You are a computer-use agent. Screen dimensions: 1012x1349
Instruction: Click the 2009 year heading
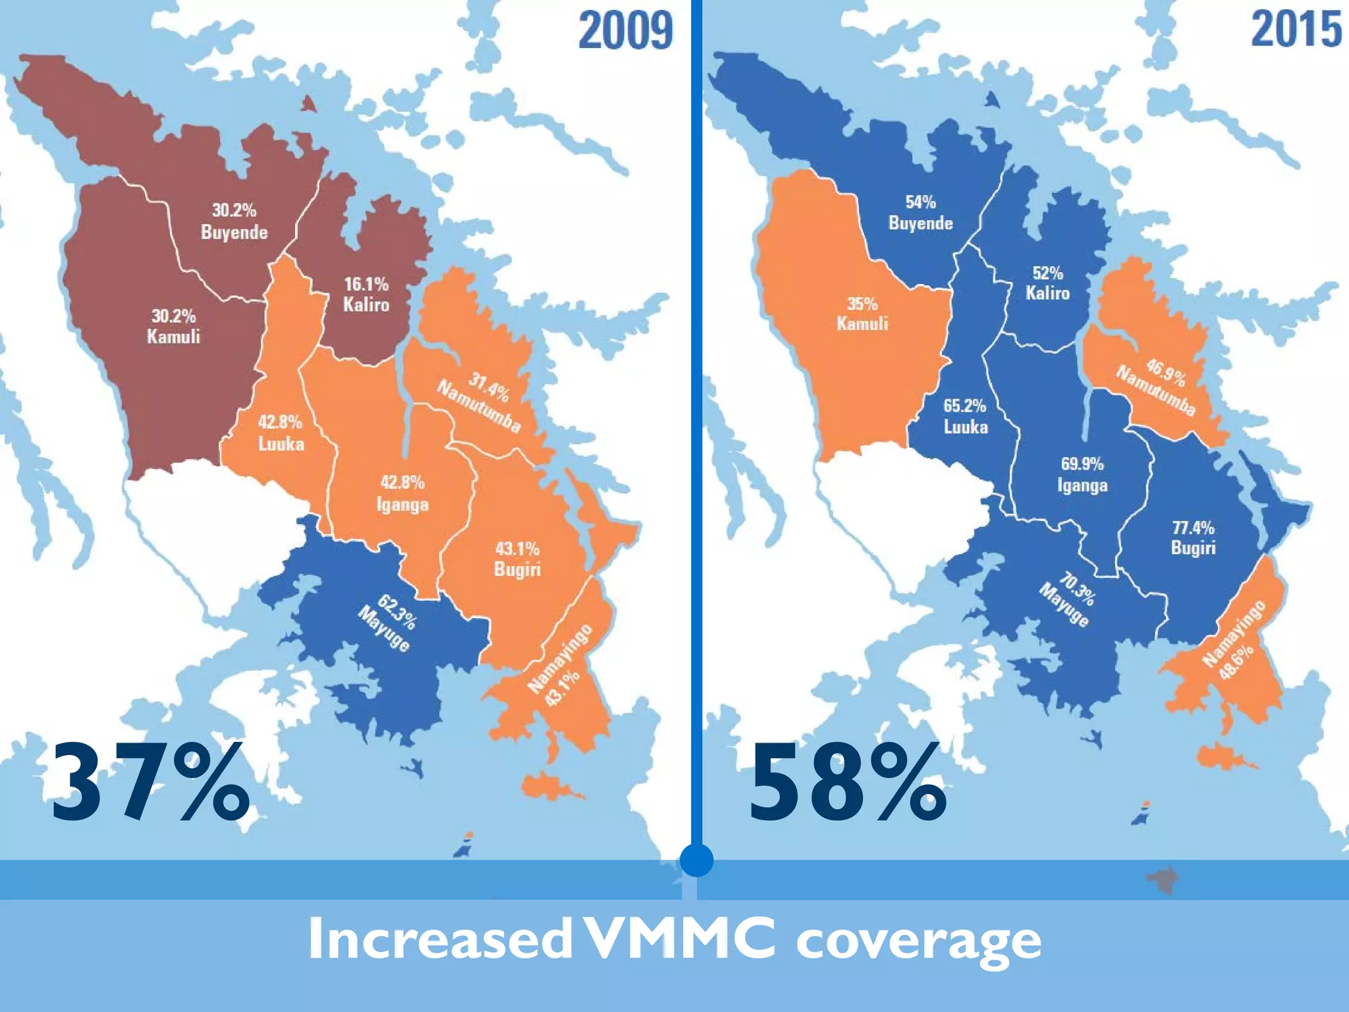coord(626,31)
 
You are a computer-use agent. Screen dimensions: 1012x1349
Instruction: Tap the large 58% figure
coord(848,782)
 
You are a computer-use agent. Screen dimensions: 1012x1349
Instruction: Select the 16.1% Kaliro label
coord(366,295)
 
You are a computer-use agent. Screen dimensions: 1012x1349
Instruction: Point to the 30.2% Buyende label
coord(234,221)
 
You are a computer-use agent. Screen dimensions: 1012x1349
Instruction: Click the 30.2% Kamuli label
coord(173,326)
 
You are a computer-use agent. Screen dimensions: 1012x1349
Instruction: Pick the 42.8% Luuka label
coord(281,433)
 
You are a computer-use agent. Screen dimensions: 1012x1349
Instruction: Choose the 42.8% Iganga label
coord(402,493)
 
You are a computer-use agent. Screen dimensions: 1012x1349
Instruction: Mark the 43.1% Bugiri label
coord(517,559)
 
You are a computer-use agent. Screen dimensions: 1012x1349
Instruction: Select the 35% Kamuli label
coord(862,314)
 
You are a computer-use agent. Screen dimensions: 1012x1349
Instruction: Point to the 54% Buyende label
coord(920,213)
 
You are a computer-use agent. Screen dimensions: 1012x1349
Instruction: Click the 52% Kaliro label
coord(1047,283)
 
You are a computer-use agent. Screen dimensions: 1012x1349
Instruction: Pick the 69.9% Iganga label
coord(1082,474)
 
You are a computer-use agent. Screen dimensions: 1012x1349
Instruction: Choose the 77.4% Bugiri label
coord(1193,538)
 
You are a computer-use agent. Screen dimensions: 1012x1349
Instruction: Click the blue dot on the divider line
coord(696,860)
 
